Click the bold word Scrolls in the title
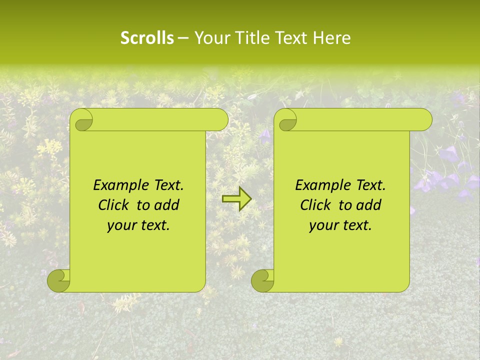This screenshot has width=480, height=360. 147,38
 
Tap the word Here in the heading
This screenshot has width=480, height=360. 332,38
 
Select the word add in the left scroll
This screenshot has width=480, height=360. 167,205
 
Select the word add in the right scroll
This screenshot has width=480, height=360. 369,205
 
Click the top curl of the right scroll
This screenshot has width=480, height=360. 287,120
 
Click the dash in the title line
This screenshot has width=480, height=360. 183,38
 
